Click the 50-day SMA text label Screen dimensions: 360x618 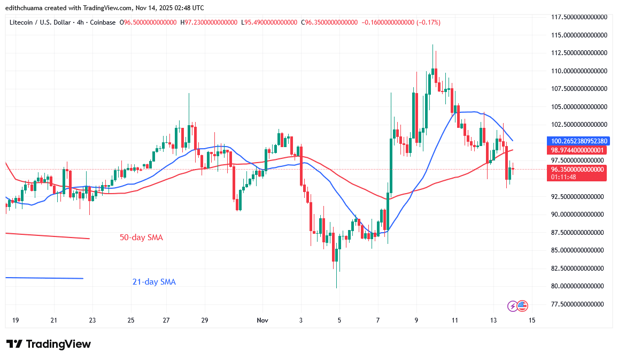pyautogui.click(x=141, y=238)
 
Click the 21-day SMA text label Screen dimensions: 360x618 pyautogui.click(x=154, y=282)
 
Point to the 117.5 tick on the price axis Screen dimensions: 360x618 pyautogui.click(x=580, y=17)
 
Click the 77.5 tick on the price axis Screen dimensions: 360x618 pyautogui.click(x=580, y=304)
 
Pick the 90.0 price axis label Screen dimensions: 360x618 pyautogui.click(x=580, y=214)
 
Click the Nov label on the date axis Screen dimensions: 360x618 pyautogui.click(x=262, y=320)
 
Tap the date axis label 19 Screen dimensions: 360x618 pyautogui.click(x=16, y=320)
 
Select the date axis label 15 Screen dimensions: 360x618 pyautogui.click(x=531, y=320)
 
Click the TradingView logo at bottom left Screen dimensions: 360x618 pyautogui.click(x=49, y=344)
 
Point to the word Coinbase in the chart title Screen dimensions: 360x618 pyautogui.click(x=103, y=22)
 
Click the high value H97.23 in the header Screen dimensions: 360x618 pyautogui.click(x=208, y=22)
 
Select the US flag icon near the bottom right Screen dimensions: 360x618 pyautogui.click(x=522, y=306)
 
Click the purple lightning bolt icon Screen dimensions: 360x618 pyautogui.click(x=513, y=306)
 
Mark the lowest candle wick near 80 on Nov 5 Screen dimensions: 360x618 pyautogui.click(x=336, y=287)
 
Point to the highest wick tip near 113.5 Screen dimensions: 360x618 pyautogui.click(x=432, y=45)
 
